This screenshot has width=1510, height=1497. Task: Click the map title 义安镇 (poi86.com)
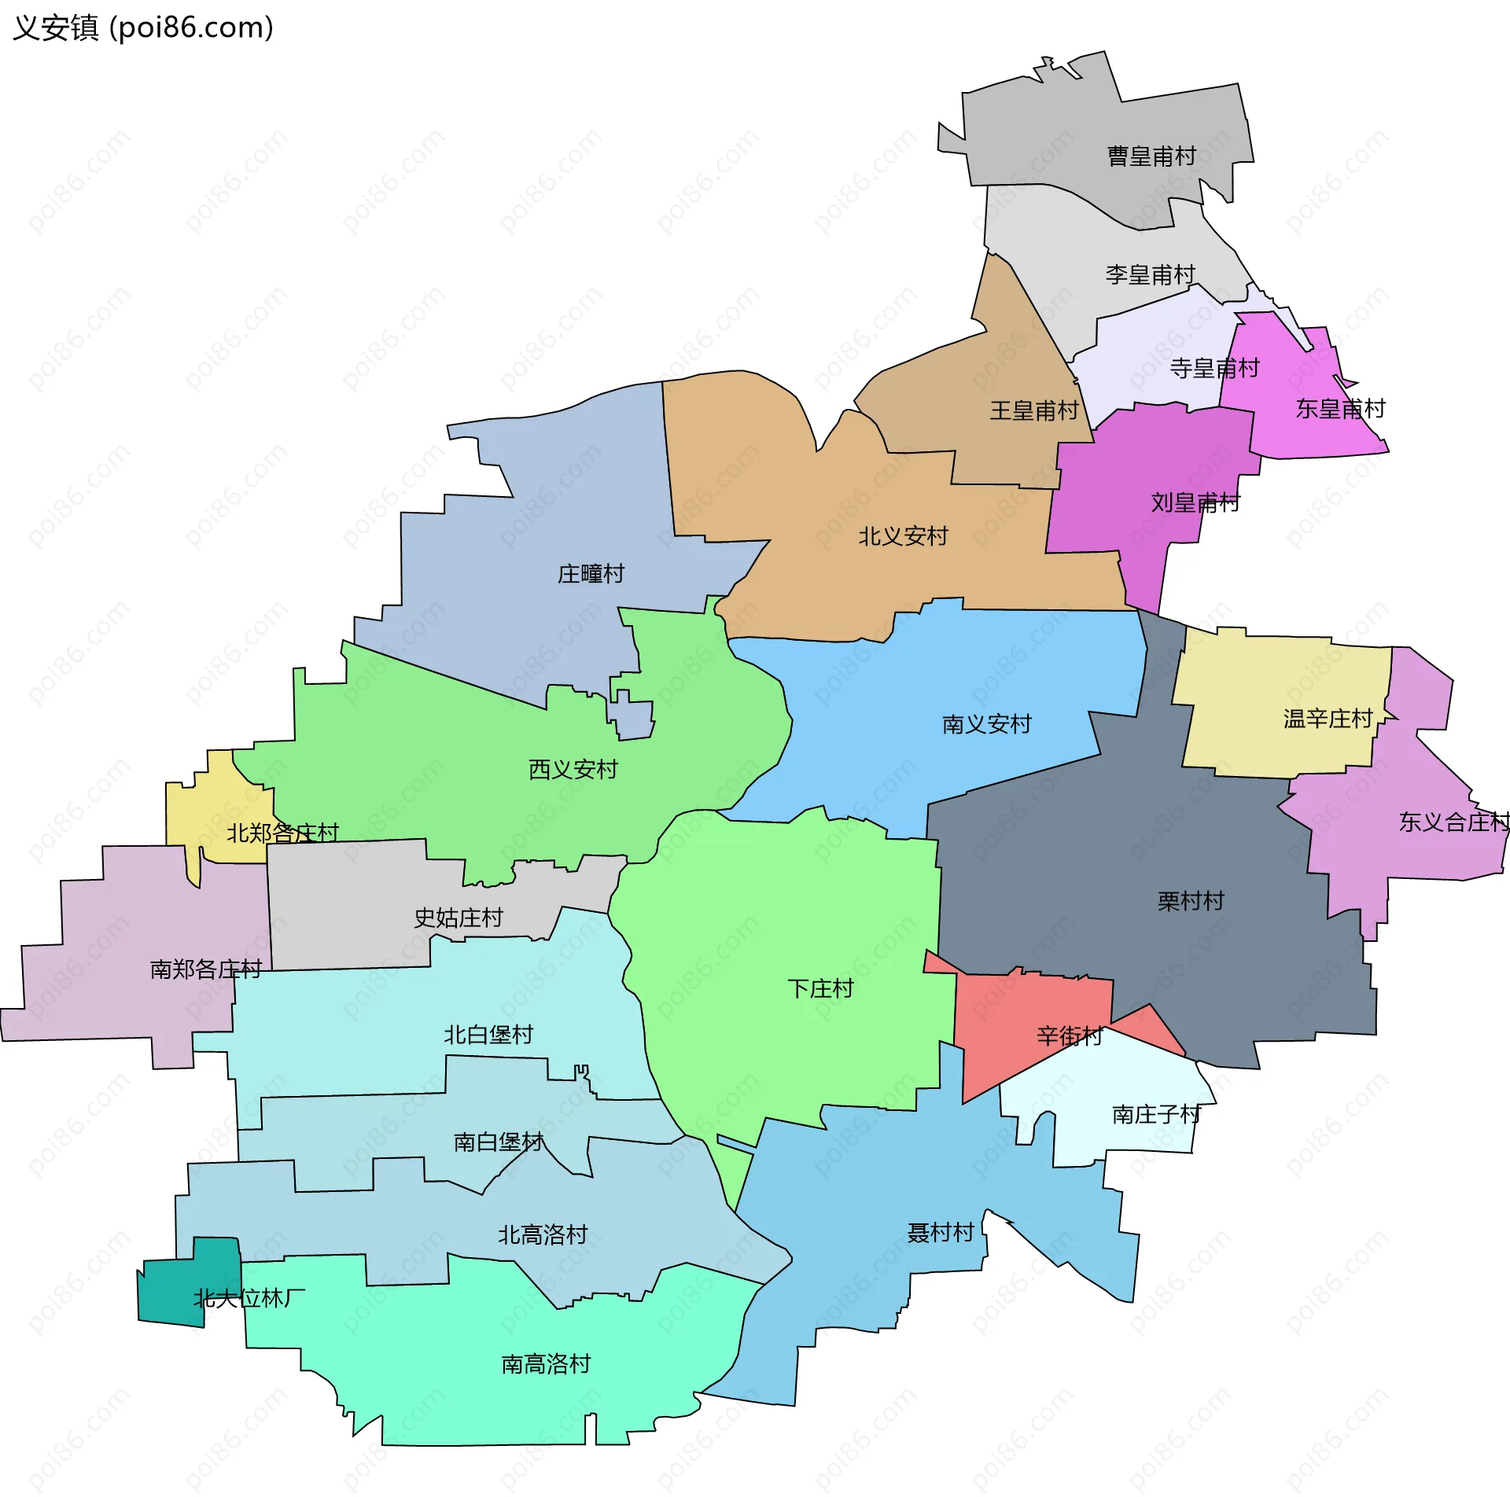143,28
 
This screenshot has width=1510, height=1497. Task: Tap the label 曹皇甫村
1151,156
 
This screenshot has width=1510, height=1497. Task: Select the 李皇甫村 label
1150,274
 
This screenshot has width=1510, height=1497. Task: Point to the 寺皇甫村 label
1214,368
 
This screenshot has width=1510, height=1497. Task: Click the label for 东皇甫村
1340,409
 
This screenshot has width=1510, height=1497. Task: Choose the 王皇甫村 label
1034,410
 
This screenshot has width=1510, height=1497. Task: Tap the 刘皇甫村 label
1195,502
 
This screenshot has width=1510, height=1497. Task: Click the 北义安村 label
903,536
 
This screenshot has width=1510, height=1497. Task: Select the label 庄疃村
591,574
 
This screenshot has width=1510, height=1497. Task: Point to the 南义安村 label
986,724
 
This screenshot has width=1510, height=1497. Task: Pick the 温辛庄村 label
1328,719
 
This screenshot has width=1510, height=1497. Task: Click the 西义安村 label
573,769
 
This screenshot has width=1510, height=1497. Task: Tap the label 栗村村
1191,901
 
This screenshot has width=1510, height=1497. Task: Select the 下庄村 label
820,988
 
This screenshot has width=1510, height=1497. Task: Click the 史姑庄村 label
458,918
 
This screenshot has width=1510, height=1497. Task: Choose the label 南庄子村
1156,1114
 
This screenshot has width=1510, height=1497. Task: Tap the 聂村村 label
941,1232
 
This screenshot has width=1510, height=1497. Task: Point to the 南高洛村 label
546,1363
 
